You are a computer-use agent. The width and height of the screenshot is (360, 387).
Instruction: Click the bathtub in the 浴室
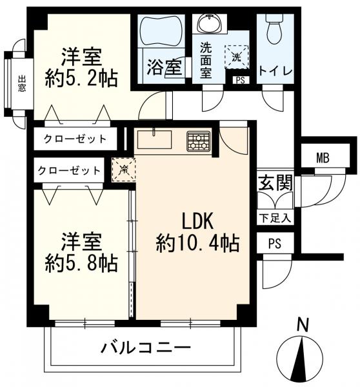click(162, 30)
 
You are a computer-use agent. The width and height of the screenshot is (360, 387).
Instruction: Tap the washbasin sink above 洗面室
click(210, 23)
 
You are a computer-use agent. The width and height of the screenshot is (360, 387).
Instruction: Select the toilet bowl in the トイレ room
click(275, 29)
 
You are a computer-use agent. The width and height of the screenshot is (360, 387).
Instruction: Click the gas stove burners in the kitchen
click(198, 141)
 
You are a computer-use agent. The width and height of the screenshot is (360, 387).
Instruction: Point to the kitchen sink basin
click(154, 139)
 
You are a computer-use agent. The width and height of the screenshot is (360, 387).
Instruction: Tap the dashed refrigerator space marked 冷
click(123, 169)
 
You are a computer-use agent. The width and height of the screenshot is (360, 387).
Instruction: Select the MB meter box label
click(323, 158)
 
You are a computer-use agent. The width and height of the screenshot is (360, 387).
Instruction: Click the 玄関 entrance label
click(275, 183)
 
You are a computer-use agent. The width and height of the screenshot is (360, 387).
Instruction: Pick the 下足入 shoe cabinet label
click(275, 218)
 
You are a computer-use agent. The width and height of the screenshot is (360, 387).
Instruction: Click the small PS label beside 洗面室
click(240, 80)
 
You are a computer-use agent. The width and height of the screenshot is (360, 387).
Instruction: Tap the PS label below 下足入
click(275, 244)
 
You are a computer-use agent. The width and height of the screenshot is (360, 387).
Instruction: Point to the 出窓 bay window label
click(22, 83)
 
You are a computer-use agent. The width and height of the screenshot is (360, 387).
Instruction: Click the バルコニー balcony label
click(146, 348)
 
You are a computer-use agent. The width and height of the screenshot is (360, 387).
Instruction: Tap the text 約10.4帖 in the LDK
click(197, 243)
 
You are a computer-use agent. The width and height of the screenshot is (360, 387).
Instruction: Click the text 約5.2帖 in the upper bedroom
click(81, 78)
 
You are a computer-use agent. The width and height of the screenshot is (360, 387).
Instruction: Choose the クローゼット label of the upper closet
click(75, 139)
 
